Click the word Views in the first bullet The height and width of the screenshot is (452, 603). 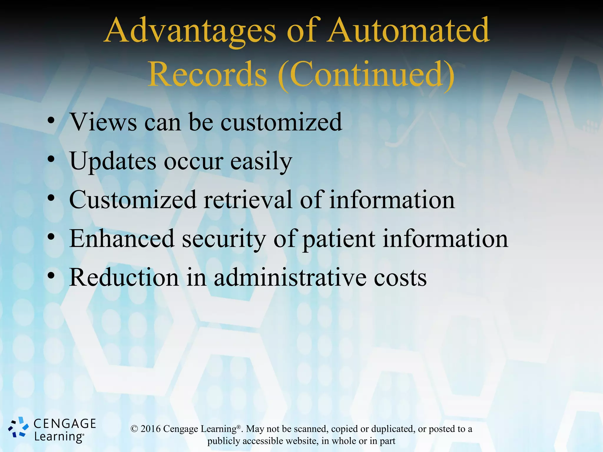(x=103, y=122)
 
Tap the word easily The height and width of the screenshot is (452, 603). (x=261, y=161)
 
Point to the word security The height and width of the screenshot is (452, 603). (x=224, y=239)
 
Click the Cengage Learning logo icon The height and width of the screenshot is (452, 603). (x=18, y=427)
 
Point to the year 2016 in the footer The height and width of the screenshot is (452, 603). (x=150, y=429)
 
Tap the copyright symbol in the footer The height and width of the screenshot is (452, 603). (x=134, y=429)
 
